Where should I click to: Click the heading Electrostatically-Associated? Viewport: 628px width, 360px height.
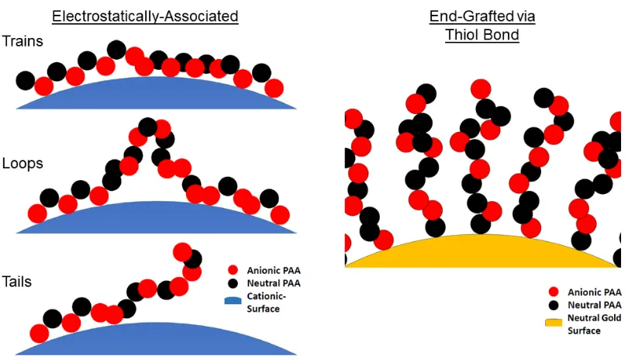coord(145,16)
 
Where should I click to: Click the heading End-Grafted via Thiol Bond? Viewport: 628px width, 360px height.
coord(482,26)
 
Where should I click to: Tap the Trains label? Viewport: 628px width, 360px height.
coord(22,41)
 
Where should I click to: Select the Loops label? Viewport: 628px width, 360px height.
coord(22,163)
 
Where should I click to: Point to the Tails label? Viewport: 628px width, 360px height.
coord(16,282)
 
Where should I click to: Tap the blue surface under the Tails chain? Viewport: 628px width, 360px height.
coord(156,341)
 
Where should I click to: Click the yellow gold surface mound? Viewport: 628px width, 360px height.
coord(482,254)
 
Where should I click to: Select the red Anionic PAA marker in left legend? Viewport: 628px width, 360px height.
coord(233,270)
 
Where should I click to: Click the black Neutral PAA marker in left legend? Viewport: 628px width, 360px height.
coord(233,283)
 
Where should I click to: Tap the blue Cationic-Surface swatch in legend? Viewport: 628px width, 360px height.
coord(233,300)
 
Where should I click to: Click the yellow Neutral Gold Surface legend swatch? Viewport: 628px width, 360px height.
coord(554,323)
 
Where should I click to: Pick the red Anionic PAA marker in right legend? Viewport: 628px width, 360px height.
coord(554,292)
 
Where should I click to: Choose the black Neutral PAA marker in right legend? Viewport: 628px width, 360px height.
coord(554,305)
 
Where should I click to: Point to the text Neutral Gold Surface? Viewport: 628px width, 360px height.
coord(595,324)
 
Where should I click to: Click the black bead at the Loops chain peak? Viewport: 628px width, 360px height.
coord(147,127)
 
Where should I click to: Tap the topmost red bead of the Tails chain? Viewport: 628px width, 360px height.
coord(182,251)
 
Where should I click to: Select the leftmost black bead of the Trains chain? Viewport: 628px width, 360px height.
coord(26,81)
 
